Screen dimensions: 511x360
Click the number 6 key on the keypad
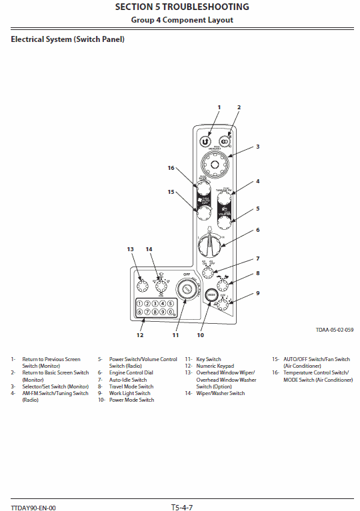click(x=141, y=311)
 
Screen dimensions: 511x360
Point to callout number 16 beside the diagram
click(x=171, y=168)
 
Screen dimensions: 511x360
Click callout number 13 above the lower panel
click(x=131, y=249)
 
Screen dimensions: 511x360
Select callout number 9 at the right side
click(x=258, y=293)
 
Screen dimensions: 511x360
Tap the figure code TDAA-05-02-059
click(x=334, y=330)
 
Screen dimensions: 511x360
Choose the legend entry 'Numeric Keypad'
click(x=215, y=366)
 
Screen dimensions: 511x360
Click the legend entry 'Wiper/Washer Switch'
click(x=220, y=393)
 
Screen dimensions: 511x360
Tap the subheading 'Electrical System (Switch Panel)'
click(x=67, y=39)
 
